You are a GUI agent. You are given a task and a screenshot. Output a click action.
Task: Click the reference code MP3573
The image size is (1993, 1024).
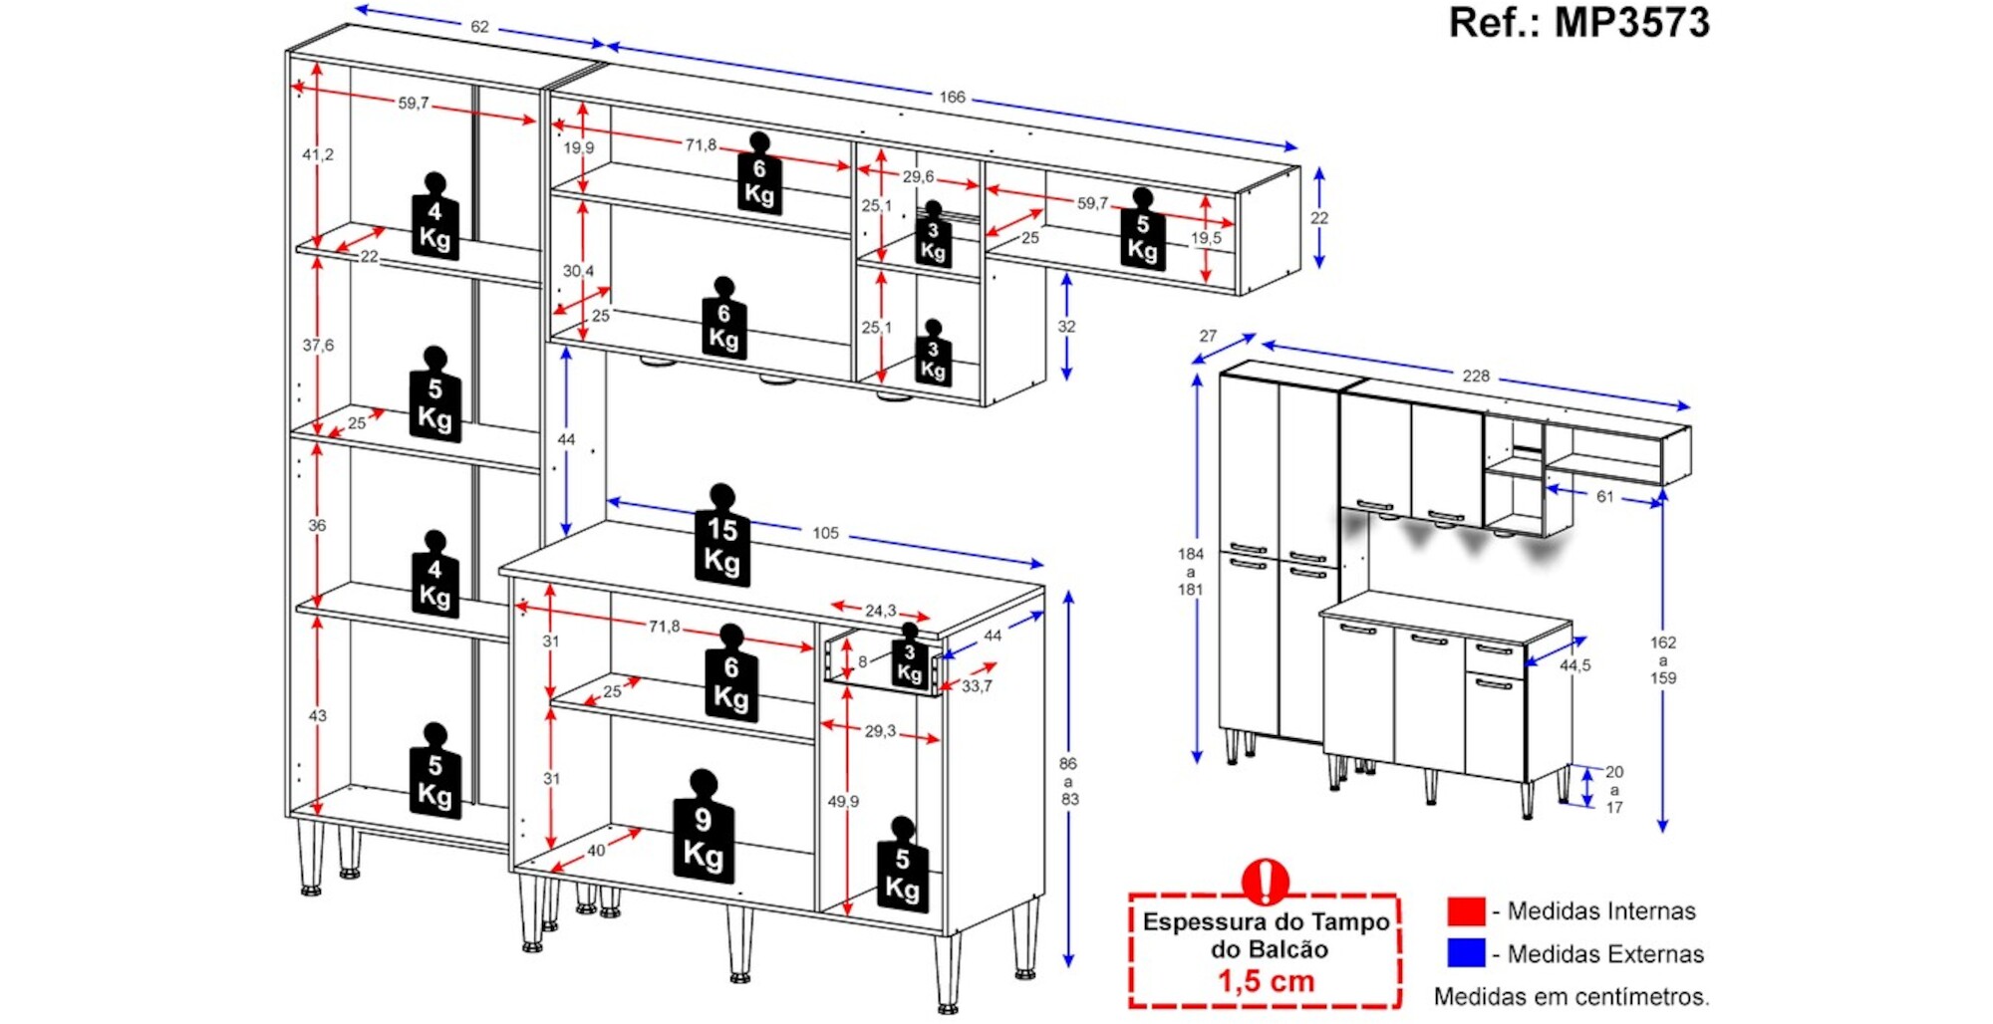(1631, 23)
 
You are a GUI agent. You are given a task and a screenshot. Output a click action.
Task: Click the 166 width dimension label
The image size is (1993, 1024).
(952, 97)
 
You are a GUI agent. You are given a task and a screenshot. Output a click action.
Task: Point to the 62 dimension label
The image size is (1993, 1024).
(479, 27)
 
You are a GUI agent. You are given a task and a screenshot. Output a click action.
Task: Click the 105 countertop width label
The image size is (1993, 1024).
(825, 533)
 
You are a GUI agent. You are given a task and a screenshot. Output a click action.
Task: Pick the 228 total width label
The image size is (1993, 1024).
(1476, 376)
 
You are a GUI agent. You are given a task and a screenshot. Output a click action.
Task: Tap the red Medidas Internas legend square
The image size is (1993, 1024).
(1466, 910)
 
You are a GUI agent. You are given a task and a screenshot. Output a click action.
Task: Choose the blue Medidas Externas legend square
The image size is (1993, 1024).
(1466, 953)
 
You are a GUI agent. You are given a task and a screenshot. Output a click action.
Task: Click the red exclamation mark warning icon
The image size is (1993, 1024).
(1266, 881)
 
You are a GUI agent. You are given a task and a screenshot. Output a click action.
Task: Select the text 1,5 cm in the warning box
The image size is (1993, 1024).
(1266, 981)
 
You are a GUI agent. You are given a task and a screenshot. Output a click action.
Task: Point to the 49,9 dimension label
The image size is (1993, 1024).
(843, 801)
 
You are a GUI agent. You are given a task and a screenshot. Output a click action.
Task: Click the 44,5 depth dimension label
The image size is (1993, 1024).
(1574, 665)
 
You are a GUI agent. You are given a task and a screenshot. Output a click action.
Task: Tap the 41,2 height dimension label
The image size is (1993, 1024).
(318, 154)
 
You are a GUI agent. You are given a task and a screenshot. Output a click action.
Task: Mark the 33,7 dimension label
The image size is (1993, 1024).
(977, 686)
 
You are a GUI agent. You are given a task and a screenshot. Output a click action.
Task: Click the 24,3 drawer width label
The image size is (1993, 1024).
(880, 611)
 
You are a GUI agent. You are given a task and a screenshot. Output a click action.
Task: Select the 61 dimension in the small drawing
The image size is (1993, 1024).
(1604, 496)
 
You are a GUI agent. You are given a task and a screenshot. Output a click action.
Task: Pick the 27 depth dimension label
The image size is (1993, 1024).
(1208, 336)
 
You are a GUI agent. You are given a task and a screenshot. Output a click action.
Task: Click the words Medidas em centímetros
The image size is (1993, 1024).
(1571, 996)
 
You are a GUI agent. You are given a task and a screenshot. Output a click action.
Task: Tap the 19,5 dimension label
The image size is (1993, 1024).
(1206, 238)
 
